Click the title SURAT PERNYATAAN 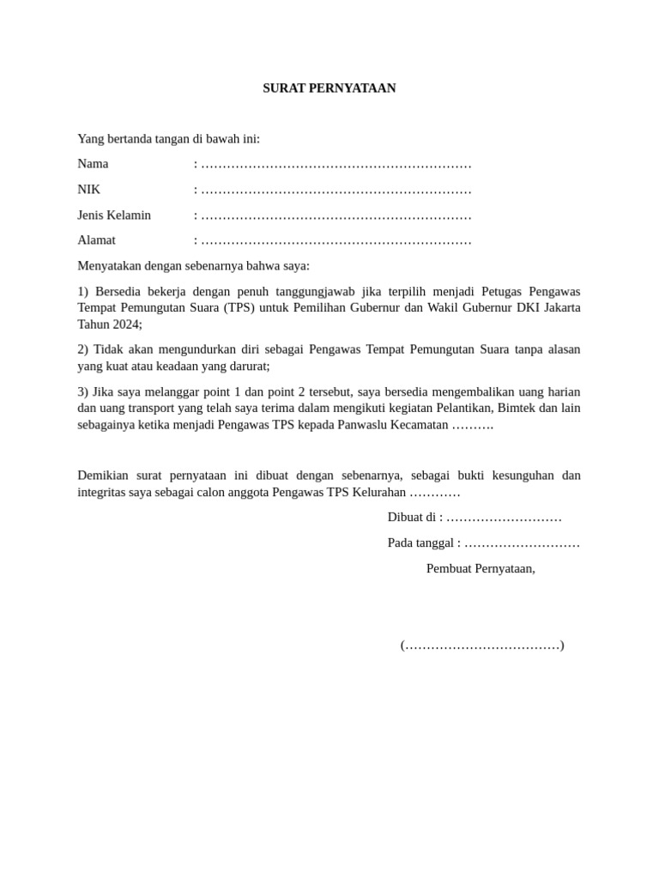[x=329, y=88]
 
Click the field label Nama [x=93, y=164]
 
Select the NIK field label [x=88, y=190]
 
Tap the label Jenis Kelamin [x=114, y=215]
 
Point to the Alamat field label [x=96, y=240]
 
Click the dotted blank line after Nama [x=336, y=165]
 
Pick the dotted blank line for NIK [x=336, y=191]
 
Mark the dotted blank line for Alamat [x=336, y=241]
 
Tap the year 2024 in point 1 [x=125, y=324]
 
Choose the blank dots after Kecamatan [x=473, y=426]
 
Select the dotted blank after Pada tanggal [x=522, y=543]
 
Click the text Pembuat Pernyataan [x=481, y=568]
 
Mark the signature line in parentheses [x=482, y=646]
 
